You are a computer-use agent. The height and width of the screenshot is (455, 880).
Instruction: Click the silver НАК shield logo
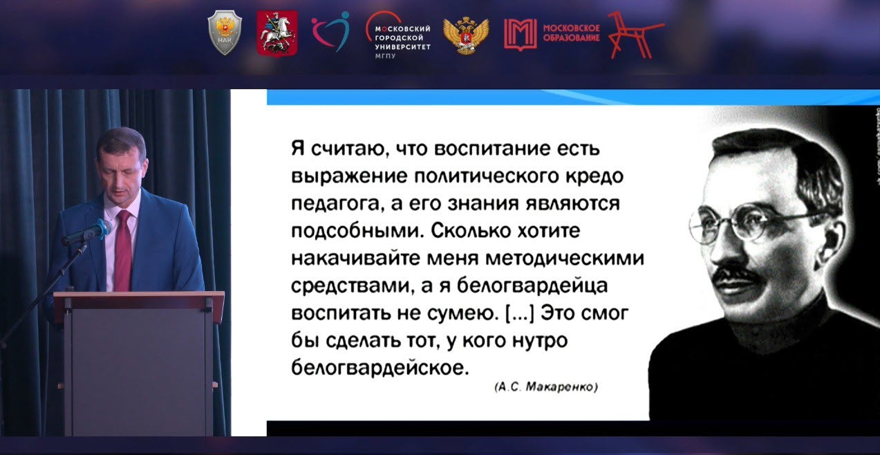pyautogui.click(x=225, y=33)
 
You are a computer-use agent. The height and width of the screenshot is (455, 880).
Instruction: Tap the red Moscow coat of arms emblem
pyautogui.click(x=277, y=33)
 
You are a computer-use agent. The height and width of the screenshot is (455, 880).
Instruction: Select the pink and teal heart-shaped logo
pyautogui.click(x=331, y=31)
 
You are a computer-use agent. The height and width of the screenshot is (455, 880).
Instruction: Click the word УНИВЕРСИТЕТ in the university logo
pyautogui.click(x=403, y=47)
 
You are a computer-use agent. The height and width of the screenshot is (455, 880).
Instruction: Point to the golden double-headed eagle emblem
pyautogui.click(x=466, y=35)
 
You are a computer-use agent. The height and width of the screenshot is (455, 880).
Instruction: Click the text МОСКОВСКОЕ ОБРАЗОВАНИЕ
pyautogui.click(x=571, y=33)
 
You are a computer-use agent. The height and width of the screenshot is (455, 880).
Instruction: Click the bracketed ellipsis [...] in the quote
pyautogui.click(x=519, y=313)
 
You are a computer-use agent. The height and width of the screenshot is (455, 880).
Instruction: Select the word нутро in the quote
pyautogui.click(x=541, y=341)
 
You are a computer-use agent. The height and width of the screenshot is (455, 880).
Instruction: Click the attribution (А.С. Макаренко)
pyautogui.click(x=546, y=387)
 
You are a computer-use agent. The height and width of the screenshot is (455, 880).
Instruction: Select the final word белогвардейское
pyautogui.click(x=380, y=368)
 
